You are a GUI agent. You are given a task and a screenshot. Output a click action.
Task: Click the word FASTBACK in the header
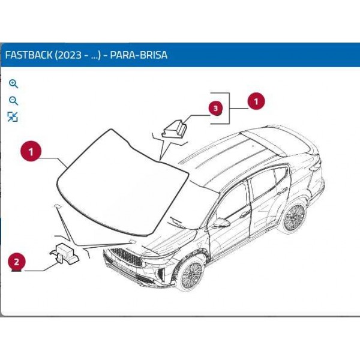point(28,55)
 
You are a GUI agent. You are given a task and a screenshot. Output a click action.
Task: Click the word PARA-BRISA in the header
point(139,55)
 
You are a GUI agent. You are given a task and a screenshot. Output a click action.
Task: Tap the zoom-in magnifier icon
point(13,84)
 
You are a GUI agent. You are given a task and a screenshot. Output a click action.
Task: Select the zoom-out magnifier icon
point(13,101)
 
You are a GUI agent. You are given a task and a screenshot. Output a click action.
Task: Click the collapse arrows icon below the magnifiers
point(13,117)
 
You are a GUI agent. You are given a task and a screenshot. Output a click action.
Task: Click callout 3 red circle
point(215,108)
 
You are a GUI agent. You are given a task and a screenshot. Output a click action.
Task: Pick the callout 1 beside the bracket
point(256,101)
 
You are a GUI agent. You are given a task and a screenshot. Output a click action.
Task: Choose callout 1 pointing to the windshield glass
point(31,151)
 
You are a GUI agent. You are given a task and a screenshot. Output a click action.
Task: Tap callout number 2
point(17,262)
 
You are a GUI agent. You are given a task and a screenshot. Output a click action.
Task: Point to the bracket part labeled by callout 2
point(65,253)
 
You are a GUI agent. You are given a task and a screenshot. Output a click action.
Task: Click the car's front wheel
point(191,275)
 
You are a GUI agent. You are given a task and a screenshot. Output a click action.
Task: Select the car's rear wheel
point(295,217)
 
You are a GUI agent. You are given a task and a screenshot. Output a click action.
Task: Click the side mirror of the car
point(221,222)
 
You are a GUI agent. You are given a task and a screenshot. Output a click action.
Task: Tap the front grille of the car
point(126,257)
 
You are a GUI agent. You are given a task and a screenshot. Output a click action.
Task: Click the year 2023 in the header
point(68,55)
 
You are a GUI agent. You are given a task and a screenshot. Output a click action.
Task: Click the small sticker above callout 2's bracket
point(57,206)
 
